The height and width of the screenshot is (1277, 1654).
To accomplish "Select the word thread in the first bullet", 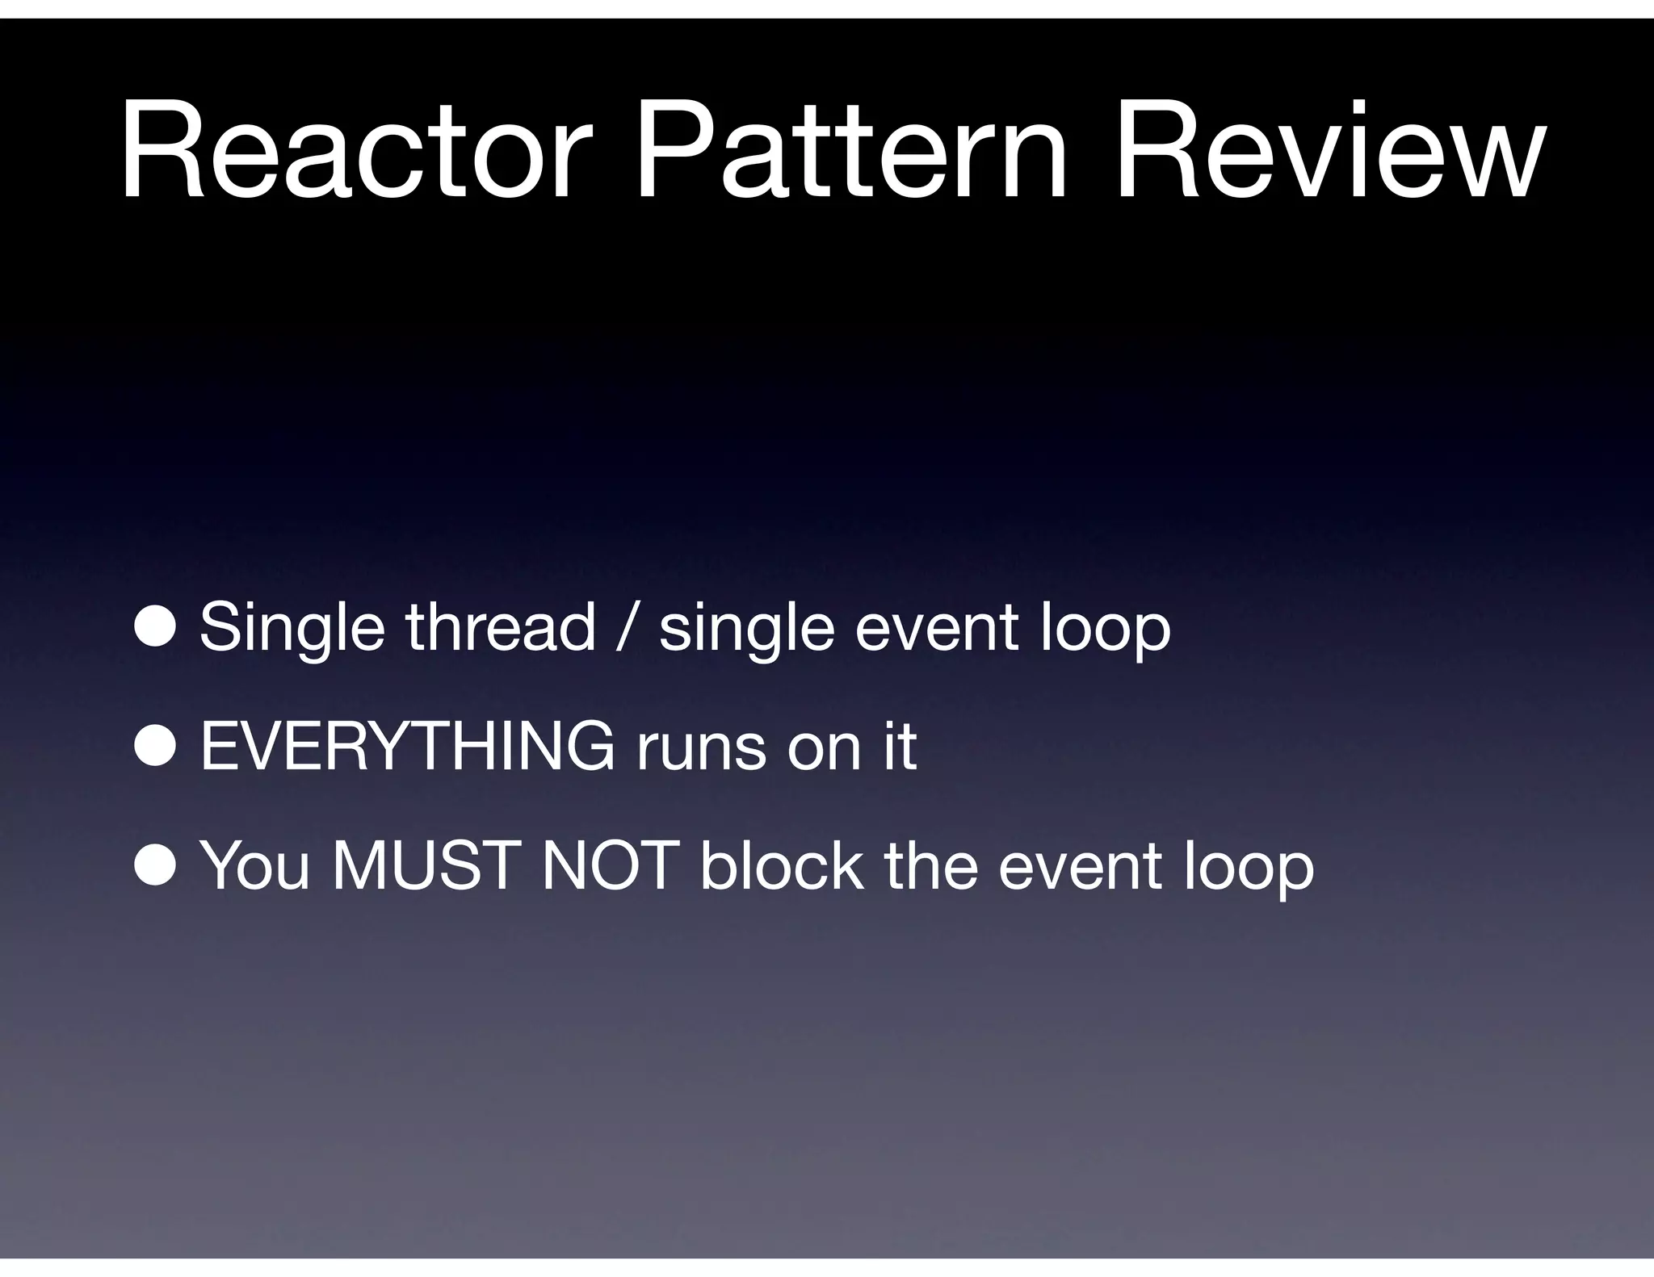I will (x=500, y=627).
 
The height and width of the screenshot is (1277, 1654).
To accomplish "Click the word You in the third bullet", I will (x=254, y=866).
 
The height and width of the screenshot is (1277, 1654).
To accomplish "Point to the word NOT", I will (x=609, y=866).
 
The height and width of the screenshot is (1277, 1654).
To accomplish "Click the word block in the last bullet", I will (x=781, y=865).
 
